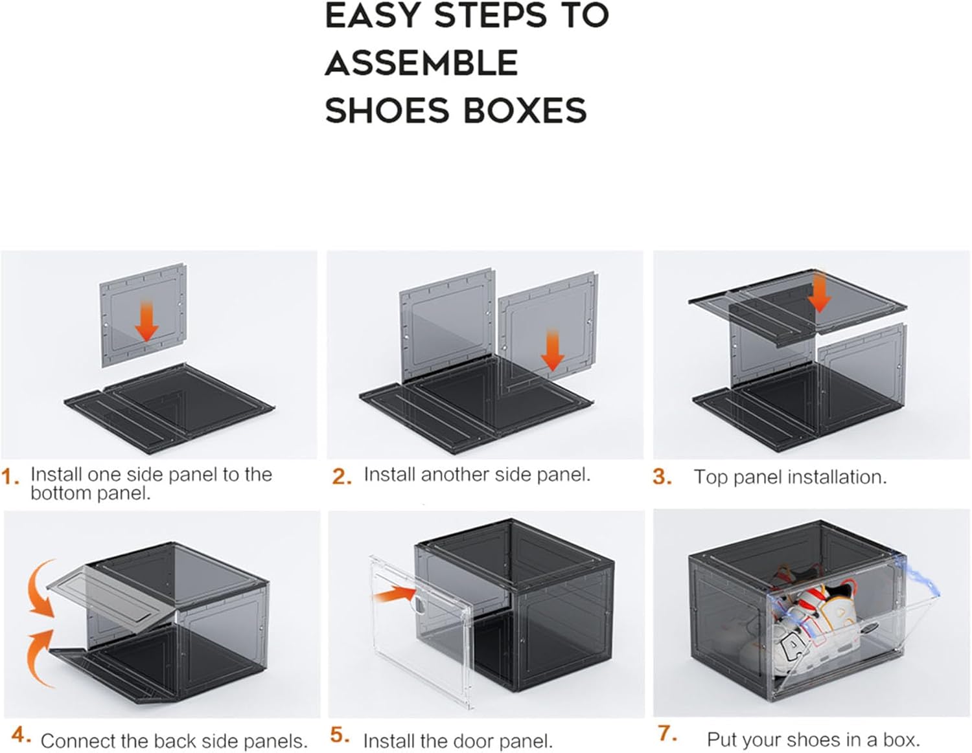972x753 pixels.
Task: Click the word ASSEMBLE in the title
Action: coord(421,63)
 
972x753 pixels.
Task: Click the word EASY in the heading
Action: coord(373,16)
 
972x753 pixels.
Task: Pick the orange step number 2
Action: coord(341,477)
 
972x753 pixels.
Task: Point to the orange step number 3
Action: coord(662,477)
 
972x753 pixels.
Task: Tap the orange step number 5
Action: coord(340,735)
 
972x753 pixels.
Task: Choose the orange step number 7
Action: coord(667,734)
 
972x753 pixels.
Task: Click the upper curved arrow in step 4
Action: coord(40,590)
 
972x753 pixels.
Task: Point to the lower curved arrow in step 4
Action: coord(38,655)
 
